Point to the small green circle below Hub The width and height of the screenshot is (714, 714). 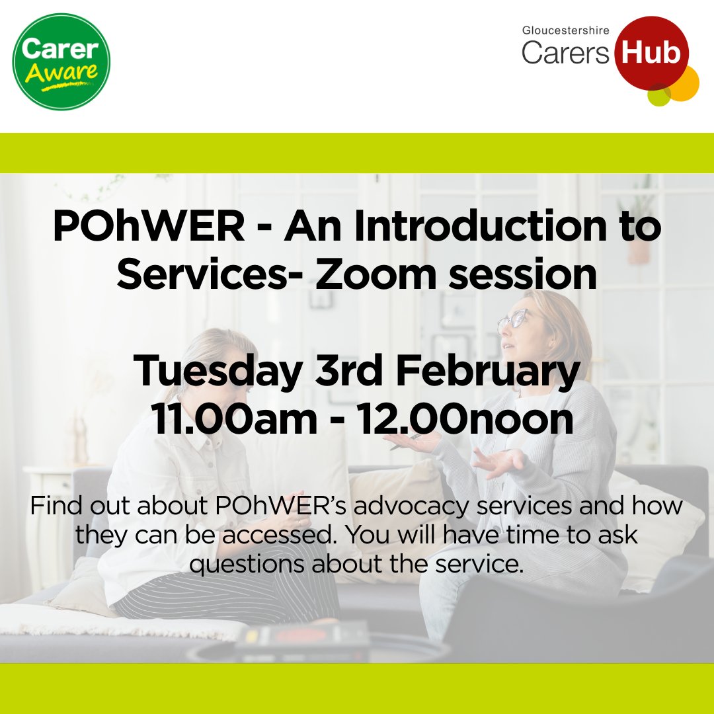coord(658,96)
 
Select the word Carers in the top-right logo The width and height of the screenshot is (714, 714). coord(565,53)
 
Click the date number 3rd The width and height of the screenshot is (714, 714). coord(350,372)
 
